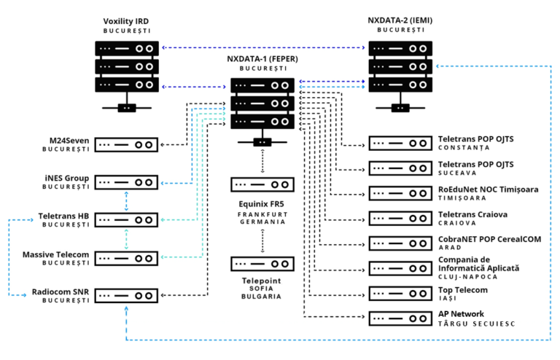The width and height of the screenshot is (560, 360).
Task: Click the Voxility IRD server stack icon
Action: pos(127,67)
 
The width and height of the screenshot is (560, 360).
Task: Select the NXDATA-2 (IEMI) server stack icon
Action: pos(400,67)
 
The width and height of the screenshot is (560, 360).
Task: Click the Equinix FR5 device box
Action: pos(262,184)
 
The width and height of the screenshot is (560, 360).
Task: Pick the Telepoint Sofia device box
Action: pos(262,264)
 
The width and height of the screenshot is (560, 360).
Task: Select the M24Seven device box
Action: pos(127,144)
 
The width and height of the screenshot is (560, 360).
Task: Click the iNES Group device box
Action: pos(127,182)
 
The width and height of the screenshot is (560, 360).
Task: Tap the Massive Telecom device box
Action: pos(127,258)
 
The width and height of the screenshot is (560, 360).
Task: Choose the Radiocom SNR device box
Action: pos(127,296)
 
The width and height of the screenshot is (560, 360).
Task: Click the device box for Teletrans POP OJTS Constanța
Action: pos(400,143)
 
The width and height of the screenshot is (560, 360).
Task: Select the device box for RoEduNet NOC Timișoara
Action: pos(400,193)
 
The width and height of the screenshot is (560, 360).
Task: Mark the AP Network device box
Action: pos(400,318)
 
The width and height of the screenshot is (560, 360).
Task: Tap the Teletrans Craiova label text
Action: pos(472,214)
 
